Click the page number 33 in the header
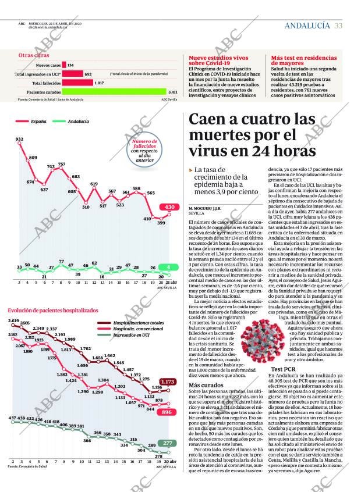tap(338, 26)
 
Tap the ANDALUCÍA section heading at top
tap(307, 26)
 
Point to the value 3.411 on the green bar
tap(173, 92)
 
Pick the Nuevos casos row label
tap(47, 65)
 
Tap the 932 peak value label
tap(19, 139)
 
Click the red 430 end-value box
tap(169, 207)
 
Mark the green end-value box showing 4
tap(169, 268)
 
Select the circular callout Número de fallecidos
tap(144, 149)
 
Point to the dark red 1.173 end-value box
tap(168, 382)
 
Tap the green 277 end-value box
tap(168, 443)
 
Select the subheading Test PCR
tap(284, 369)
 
